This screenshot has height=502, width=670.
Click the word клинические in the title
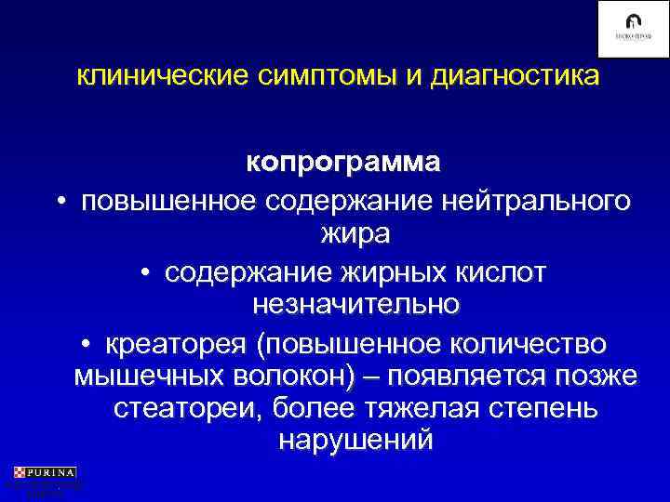point(159,74)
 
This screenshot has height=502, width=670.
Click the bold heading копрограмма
point(343,162)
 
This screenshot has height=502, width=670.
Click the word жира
point(355,234)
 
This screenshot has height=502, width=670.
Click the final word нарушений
point(355,441)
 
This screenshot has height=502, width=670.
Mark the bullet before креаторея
point(87,346)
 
